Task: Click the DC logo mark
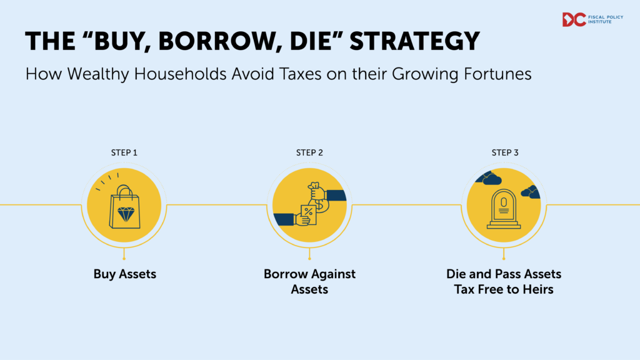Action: point(574,19)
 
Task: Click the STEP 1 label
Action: point(124,152)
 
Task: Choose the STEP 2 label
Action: point(311,152)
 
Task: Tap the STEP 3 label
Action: point(505,152)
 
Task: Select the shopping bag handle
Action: point(124,189)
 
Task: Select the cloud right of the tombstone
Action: point(529,191)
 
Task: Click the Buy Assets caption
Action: point(124,274)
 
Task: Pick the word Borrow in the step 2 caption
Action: point(284,274)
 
